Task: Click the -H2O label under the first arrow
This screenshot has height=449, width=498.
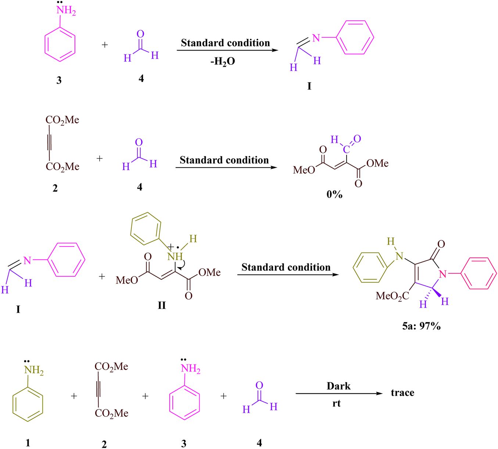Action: pos(223,61)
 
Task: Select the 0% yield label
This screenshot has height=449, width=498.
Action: pos(334,194)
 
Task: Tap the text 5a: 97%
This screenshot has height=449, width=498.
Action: pos(421,326)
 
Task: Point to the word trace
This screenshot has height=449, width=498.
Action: pos(402,393)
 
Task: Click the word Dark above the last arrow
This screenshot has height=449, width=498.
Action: pos(338,386)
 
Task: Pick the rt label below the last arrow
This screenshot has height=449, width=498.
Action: pos(336,403)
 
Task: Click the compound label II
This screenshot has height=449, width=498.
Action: pos(162,305)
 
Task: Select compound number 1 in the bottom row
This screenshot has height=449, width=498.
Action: pos(28,443)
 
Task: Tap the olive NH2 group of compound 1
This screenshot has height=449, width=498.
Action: pos(34,370)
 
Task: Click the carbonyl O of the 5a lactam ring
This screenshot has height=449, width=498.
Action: pos(441,244)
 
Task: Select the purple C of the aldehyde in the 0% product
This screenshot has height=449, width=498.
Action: pos(346,149)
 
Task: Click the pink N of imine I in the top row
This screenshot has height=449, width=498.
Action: pos(316,38)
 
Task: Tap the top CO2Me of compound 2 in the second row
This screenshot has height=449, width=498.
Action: pos(62,120)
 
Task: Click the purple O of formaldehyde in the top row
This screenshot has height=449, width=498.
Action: pos(140,34)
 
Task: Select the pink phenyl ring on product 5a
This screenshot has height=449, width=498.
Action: pos(478,274)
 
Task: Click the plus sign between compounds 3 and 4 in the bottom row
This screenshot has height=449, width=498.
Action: pos(223,396)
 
